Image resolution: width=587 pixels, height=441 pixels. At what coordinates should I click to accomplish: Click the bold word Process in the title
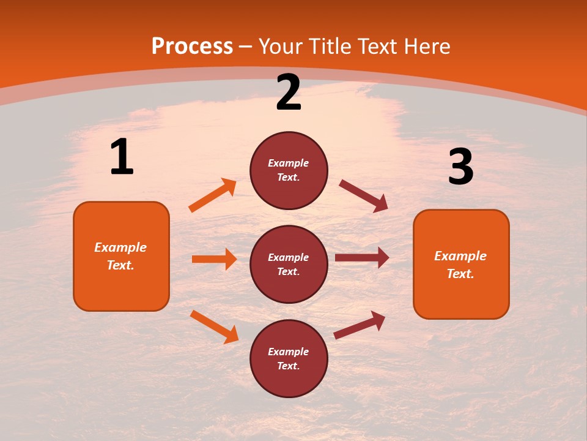click(192, 47)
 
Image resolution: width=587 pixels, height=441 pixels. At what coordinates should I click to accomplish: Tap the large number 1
click(122, 157)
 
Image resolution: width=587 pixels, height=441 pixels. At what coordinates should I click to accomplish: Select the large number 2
click(289, 93)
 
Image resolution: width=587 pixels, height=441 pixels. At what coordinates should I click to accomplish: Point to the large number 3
click(460, 167)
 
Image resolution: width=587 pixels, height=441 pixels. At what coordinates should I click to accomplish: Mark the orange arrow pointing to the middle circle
click(214, 259)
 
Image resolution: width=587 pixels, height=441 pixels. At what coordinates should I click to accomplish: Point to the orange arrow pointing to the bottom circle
click(214, 326)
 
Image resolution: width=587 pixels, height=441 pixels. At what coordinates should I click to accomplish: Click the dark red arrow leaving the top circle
click(363, 196)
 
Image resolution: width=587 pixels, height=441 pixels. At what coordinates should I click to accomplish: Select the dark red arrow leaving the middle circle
click(362, 258)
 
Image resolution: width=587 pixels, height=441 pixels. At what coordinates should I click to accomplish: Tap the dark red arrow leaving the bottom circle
click(360, 325)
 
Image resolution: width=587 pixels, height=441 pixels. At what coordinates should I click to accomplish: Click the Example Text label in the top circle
click(289, 170)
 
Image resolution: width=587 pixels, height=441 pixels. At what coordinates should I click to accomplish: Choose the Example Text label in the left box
click(121, 256)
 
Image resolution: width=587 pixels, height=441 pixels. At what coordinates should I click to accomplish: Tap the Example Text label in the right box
click(461, 265)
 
